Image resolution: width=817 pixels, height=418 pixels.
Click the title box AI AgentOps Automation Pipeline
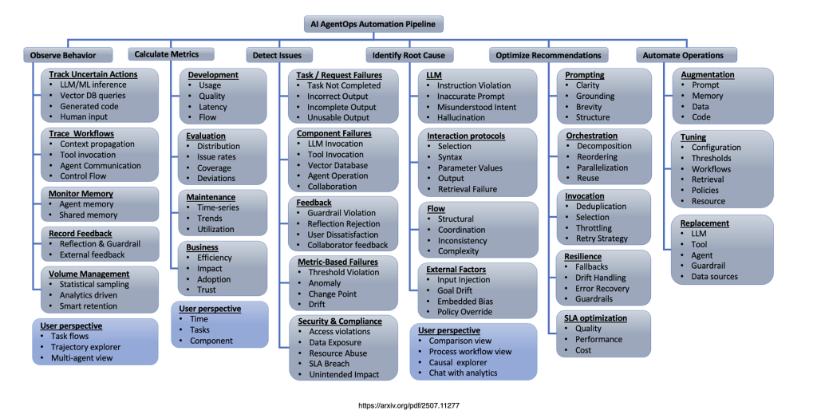(373, 24)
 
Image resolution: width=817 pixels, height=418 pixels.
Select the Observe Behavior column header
(63, 55)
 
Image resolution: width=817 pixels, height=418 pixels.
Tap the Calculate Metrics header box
(172, 54)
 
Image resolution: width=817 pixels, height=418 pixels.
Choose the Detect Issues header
(277, 55)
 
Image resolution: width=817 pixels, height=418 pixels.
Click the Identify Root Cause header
(410, 55)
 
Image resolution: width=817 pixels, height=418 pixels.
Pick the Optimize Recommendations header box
(548, 55)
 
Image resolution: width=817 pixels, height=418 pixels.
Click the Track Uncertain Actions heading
(93, 74)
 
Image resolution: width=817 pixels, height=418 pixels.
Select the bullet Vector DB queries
(93, 96)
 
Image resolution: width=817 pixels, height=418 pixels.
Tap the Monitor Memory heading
(81, 194)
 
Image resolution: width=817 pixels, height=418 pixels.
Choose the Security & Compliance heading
(339, 321)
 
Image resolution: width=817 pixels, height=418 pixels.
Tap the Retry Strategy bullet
(602, 239)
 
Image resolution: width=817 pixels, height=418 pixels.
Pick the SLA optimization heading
(596, 317)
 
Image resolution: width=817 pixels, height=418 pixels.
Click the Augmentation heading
(708, 74)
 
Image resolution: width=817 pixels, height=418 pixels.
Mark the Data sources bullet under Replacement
(714, 277)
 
